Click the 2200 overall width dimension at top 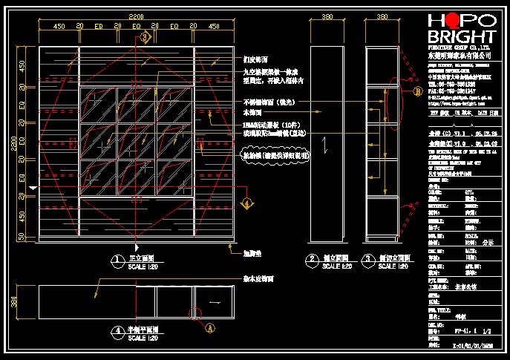(x=136, y=16)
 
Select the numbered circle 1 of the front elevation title (x=117, y=259)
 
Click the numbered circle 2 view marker (x=312, y=259)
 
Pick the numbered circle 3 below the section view (x=367, y=259)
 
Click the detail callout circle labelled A (x=210, y=325)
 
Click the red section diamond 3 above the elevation (x=145, y=36)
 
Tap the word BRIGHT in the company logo (x=461, y=37)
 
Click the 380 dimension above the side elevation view (x=323, y=16)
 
